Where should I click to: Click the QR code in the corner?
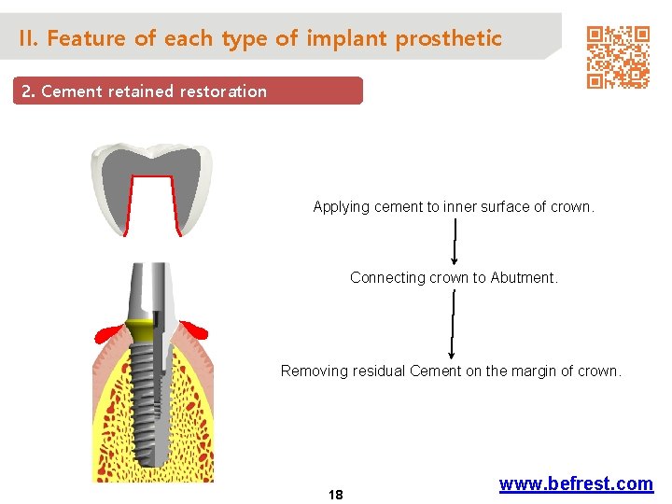(617, 57)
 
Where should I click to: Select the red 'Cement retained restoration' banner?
(187, 91)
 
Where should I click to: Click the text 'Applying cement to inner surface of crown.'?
(453, 207)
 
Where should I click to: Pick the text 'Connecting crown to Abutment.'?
(454, 277)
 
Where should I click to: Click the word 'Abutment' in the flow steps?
(525, 277)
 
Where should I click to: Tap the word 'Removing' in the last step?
(311, 371)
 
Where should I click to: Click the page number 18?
(335, 495)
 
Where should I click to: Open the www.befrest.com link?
(576, 483)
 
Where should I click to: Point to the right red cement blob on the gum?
(193, 329)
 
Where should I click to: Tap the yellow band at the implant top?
(142, 329)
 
